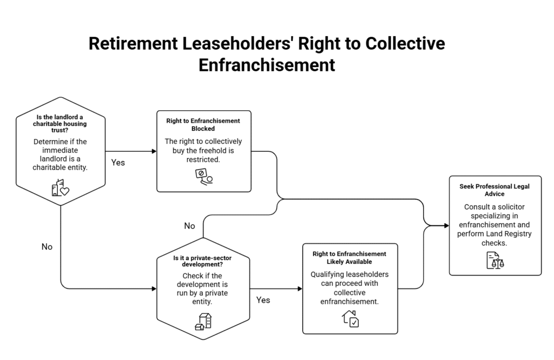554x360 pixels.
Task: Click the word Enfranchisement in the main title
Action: click(x=267, y=65)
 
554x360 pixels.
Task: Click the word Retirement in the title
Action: click(x=133, y=44)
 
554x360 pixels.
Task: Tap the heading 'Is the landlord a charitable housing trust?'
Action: click(x=60, y=124)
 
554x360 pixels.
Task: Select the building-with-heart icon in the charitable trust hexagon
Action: click(x=61, y=188)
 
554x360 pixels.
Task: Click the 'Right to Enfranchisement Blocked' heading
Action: click(x=203, y=124)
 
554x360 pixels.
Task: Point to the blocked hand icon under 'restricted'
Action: click(x=204, y=177)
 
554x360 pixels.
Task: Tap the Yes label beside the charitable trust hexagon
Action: click(x=118, y=163)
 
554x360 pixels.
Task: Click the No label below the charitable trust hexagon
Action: click(x=47, y=246)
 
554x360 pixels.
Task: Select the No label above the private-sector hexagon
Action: click(x=190, y=226)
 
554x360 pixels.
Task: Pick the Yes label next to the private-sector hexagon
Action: click(x=263, y=300)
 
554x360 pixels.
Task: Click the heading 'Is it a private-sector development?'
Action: click(x=202, y=261)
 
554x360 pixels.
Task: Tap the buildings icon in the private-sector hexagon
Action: click(x=203, y=322)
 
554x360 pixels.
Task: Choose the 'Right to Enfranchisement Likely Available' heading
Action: click(x=349, y=258)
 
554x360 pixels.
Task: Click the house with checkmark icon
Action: click(x=350, y=319)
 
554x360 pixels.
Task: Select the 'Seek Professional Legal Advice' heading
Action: click(x=494, y=190)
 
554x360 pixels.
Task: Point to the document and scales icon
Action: click(x=496, y=261)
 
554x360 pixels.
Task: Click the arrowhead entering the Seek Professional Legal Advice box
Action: click(x=446, y=225)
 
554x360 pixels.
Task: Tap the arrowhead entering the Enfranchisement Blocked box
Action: click(x=154, y=151)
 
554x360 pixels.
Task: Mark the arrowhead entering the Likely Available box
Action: click(x=300, y=289)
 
